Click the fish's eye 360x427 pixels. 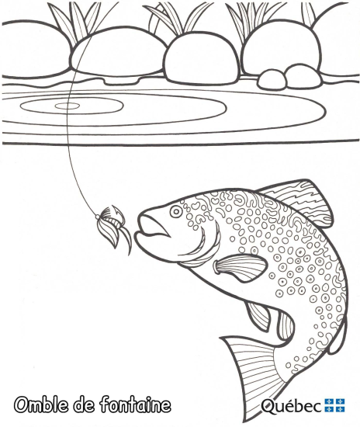[176, 211]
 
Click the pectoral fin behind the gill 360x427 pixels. [240, 268]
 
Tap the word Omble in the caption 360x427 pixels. [42, 405]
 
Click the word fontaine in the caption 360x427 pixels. [136, 405]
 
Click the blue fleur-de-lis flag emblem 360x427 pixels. [334, 405]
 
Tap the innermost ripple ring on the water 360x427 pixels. [67, 106]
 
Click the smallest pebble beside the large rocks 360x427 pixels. [272, 79]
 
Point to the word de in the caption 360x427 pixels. [84, 405]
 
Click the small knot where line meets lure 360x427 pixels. [97, 217]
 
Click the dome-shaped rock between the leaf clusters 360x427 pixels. [202, 58]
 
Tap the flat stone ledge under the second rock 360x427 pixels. [122, 80]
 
